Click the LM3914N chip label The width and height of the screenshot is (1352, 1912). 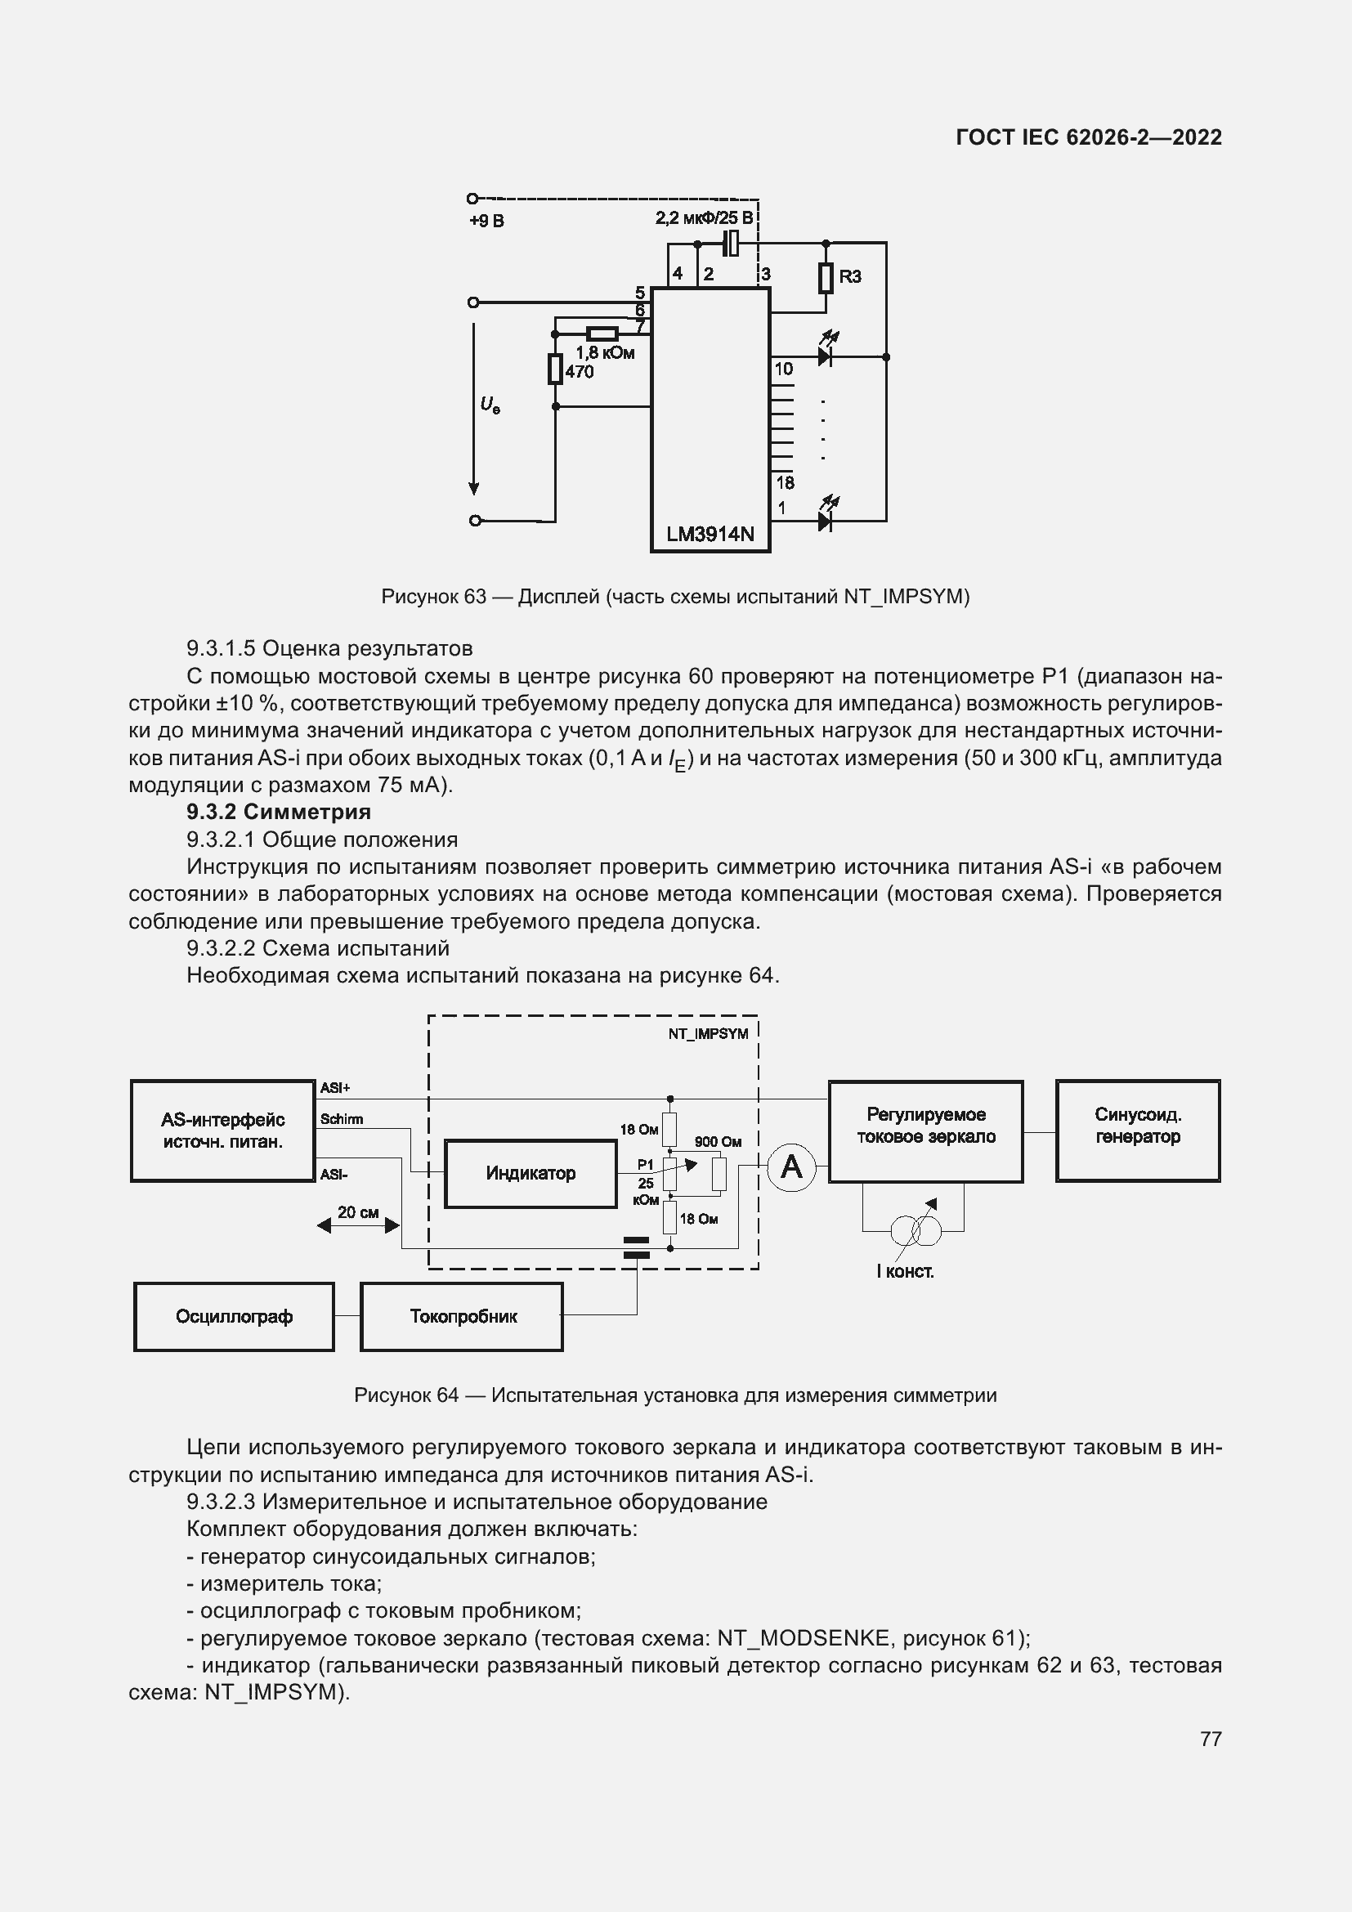pyautogui.click(x=710, y=534)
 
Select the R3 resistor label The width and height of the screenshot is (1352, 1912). pyautogui.click(x=849, y=276)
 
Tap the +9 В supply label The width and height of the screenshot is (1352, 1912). pyautogui.click(x=486, y=222)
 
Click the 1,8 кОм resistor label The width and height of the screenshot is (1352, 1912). pyautogui.click(x=604, y=353)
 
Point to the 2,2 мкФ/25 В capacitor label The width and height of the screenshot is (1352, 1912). pyautogui.click(x=704, y=219)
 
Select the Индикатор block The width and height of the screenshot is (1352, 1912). pyautogui.click(x=531, y=1173)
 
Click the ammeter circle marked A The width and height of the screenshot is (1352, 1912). pyautogui.click(x=791, y=1166)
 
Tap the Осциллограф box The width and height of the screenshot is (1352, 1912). pyautogui.click(x=234, y=1317)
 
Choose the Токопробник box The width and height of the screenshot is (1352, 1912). pyautogui.click(x=462, y=1317)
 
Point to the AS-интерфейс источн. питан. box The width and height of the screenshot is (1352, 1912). pyautogui.click(x=222, y=1130)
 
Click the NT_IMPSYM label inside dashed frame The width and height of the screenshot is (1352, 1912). pyautogui.click(x=708, y=1033)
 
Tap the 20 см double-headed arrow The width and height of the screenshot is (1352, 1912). pyautogui.click(x=358, y=1225)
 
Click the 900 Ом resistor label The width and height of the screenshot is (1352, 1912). pyautogui.click(x=718, y=1142)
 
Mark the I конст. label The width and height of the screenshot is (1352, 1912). pyautogui.click(x=905, y=1272)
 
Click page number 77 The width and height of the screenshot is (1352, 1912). pyautogui.click(x=1211, y=1739)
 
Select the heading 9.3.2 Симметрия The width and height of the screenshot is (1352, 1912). pyautogui.click(x=278, y=812)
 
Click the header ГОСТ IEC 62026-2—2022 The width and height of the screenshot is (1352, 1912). pyautogui.click(x=1088, y=137)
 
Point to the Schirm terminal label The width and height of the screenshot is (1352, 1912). pyautogui.click(x=342, y=1119)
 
